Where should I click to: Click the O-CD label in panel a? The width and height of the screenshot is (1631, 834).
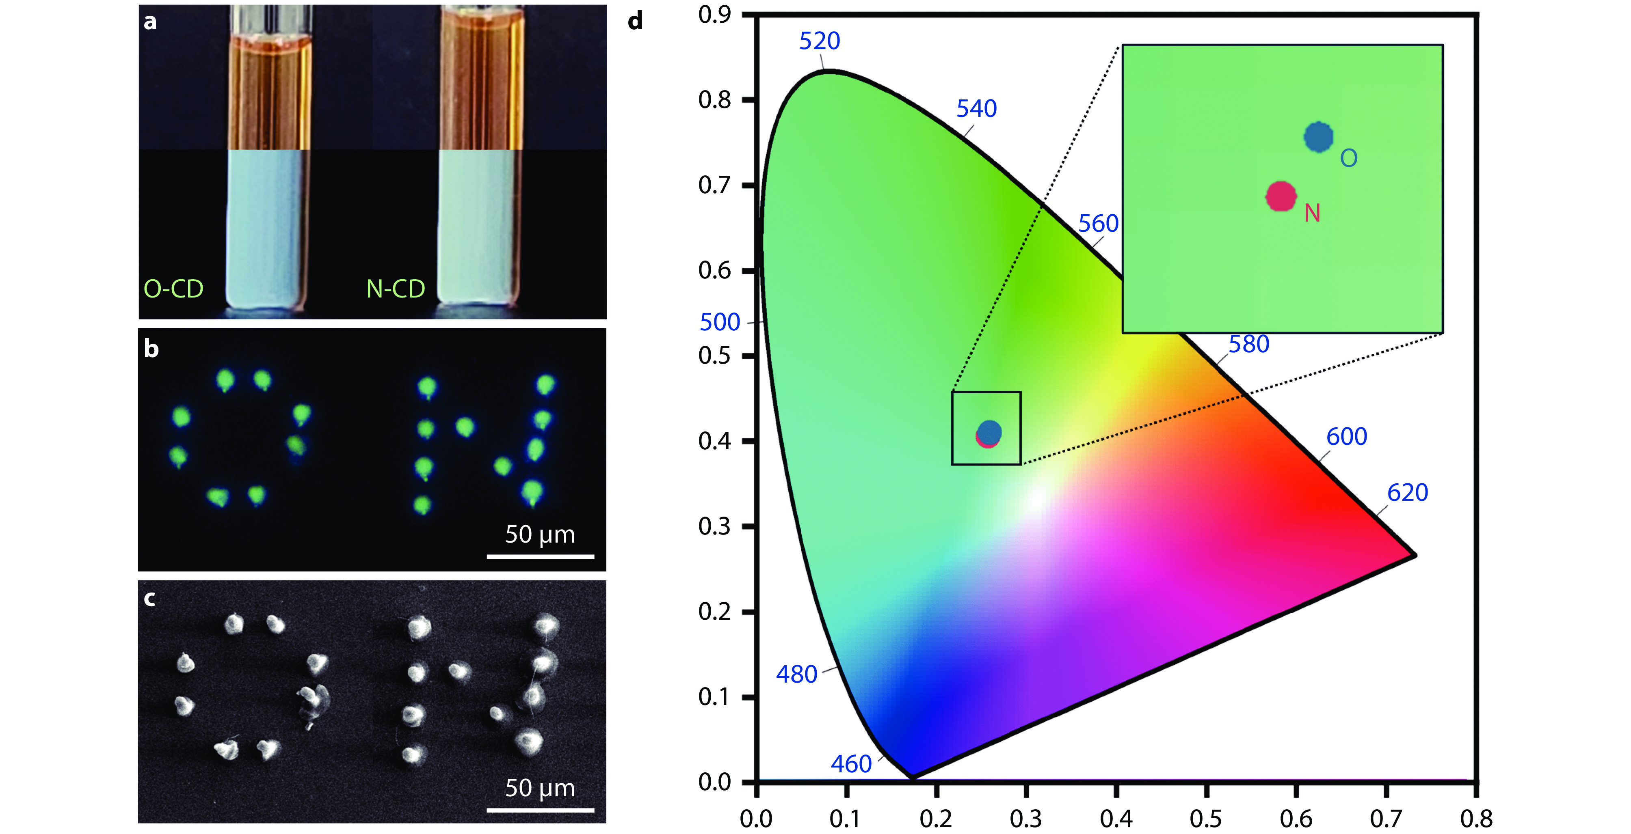(x=173, y=289)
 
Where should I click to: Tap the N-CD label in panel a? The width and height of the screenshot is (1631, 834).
(x=395, y=289)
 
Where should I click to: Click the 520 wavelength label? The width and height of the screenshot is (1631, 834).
(x=819, y=41)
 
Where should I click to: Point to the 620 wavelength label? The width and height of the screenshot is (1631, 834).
(x=1408, y=492)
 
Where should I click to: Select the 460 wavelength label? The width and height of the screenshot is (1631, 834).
(x=851, y=764)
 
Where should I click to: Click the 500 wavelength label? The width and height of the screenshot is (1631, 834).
(x=719, y=322)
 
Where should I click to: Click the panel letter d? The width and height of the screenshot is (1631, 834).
(x=635, y=21)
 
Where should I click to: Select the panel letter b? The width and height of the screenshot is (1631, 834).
(x=151, y=349)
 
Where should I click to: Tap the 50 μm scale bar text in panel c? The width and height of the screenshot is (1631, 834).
(x=540, y=788)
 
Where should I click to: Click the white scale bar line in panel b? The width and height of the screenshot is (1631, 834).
(x=540, y=557)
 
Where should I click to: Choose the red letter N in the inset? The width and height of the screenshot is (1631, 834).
(x=1312, y=213)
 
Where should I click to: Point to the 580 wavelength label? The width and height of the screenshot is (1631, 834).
(x=1248, y=344)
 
